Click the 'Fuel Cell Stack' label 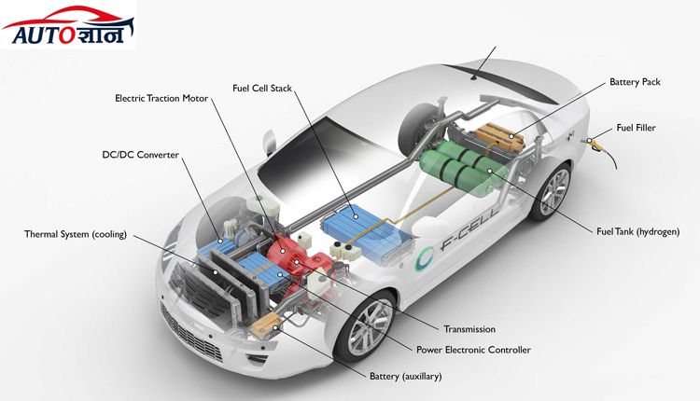[x=262, y=88]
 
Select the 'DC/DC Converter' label [x=140, y=155]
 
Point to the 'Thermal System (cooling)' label [x=76, y=234]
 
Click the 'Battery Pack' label [x=635, y=82]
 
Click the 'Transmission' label [x=469, y=329]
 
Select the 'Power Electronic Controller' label [x=473, y=350]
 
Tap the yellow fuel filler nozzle [x=595, y=143]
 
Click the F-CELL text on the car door [x=466, y=237]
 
